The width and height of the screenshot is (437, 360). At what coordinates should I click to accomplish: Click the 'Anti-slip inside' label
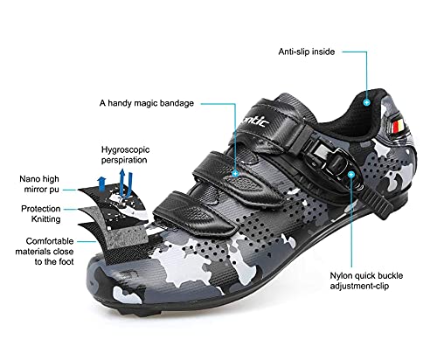point(307,52)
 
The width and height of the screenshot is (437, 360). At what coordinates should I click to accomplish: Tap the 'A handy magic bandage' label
point(147,103)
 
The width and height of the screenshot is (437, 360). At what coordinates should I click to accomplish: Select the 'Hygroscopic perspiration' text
point(125,155)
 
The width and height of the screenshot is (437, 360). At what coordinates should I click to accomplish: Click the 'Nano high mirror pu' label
point(39,184)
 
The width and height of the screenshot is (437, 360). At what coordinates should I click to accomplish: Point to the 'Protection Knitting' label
point(41,214)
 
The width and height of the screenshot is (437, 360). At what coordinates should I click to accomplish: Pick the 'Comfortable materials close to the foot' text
point(45,252)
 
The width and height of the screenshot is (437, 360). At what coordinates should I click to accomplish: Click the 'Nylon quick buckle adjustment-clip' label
point(366,280)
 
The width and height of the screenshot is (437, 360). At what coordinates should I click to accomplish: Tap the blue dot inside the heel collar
point(367,102)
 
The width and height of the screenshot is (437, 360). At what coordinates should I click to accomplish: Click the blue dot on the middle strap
point(235,174)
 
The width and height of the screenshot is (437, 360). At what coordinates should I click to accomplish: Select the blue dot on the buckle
point(351,174)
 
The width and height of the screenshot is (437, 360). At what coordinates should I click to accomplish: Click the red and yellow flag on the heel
point(398,127)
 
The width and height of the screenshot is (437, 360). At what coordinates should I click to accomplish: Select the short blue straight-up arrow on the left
point(101,183)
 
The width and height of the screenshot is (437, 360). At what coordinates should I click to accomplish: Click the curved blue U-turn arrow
point(126,183)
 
